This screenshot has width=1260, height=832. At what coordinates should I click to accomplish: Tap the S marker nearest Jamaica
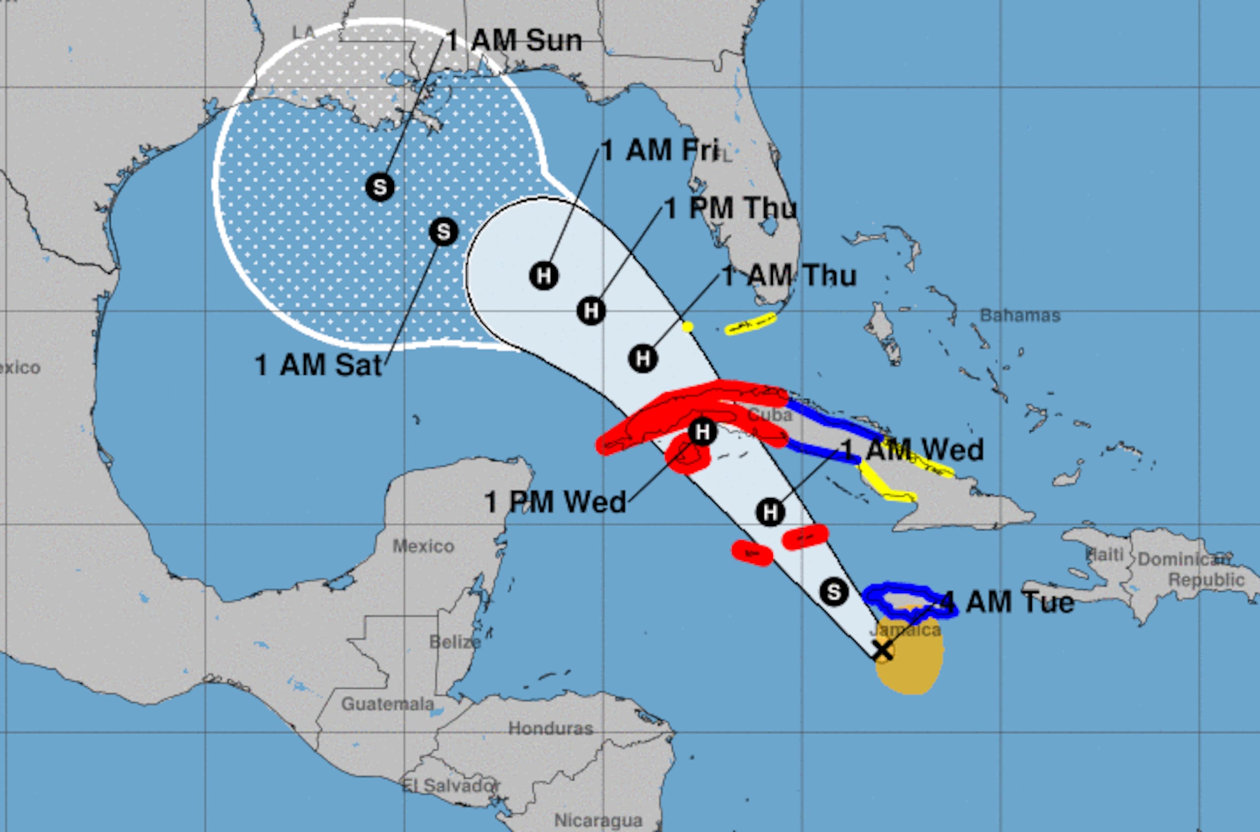(x=833, y=592)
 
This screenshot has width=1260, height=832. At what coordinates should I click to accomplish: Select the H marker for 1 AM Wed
(x=770, y=512)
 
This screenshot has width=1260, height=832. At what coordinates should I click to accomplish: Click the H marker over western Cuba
(x=702, y=432)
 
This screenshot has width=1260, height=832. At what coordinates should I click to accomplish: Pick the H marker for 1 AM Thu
(x=643, y=359)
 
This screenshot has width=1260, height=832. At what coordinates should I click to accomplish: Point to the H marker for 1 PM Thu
(x=591, y=311)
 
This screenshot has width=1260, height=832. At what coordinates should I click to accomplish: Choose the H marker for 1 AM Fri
(x=544, y=276)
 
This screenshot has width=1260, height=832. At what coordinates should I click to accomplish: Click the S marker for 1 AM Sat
(x=443, y=232)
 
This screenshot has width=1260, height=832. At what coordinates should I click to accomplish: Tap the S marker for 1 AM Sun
(x=380, y=187)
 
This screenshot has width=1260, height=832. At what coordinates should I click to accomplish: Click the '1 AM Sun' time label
(x=513, y=40)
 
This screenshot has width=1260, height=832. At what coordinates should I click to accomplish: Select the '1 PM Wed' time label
(x=555, y=502)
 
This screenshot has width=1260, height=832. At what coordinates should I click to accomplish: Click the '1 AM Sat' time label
(x=318, y=365)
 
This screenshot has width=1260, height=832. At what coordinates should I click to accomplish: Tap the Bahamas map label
(x=1020, y=316)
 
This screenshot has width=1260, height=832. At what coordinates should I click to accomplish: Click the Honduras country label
(x=550, y=729)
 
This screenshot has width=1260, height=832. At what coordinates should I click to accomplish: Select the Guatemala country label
(x=387, y=704)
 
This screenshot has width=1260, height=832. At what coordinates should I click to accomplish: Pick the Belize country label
(x=455, y=642)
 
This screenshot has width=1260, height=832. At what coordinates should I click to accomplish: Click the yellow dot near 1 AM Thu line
(x=688, y=327)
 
